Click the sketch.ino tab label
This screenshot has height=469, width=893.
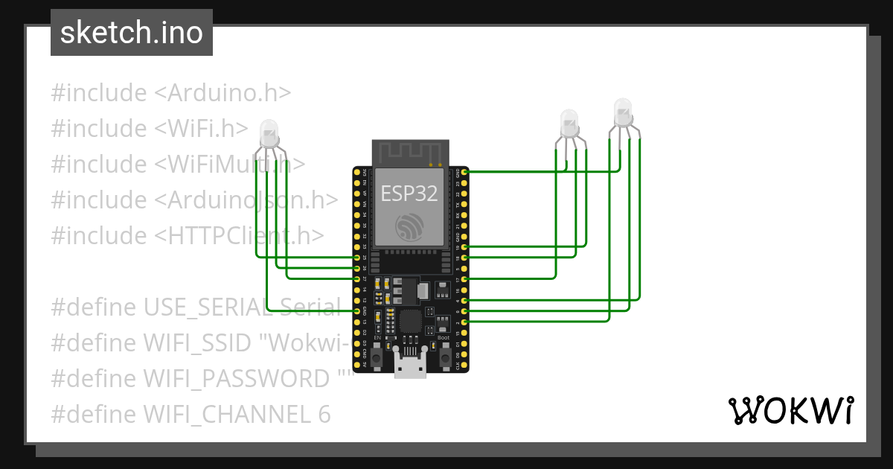[x=132, y=33]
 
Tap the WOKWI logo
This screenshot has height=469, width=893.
[x=790, y=411]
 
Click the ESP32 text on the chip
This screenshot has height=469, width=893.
[x=409, y=194]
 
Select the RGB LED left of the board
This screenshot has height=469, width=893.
[x=269, y=135]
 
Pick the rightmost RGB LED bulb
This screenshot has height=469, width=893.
[x=622, y=112]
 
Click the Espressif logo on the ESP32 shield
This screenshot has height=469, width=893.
[x=409, y=227]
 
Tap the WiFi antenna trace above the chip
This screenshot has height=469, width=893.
[x=409, y=153]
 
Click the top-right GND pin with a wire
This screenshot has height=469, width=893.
[x=465, y=172]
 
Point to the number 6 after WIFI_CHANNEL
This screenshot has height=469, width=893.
[x=324, y=414]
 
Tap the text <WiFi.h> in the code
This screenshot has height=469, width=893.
[x=201, y=129]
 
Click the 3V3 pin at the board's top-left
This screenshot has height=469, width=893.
[x=358, y=172]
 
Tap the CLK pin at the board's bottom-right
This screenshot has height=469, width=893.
[x=465, y=366]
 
